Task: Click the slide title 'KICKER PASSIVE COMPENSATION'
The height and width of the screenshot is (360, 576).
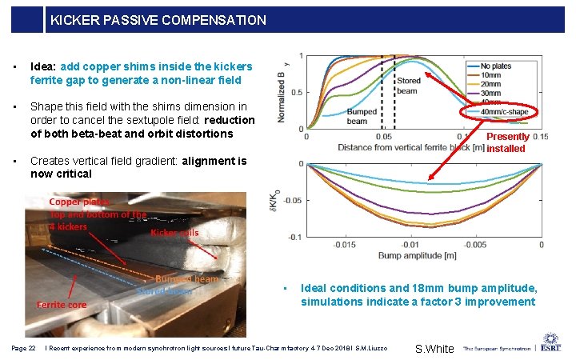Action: (158, 20)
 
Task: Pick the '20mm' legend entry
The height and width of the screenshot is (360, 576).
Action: (492, 83)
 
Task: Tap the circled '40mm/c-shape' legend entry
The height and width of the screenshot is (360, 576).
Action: (504, 112)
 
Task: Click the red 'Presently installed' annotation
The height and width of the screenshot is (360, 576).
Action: (507, 142)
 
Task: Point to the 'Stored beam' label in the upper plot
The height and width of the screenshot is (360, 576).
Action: (409, 86)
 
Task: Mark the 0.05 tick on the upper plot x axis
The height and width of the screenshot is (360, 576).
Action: (382, 137)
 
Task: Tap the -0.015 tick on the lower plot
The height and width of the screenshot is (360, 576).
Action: (345, 245)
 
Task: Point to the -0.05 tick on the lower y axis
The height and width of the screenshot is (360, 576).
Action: (292, 200)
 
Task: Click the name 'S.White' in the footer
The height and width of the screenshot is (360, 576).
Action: (434, 349)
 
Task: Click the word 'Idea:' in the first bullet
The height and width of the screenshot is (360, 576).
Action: (44, 66)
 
